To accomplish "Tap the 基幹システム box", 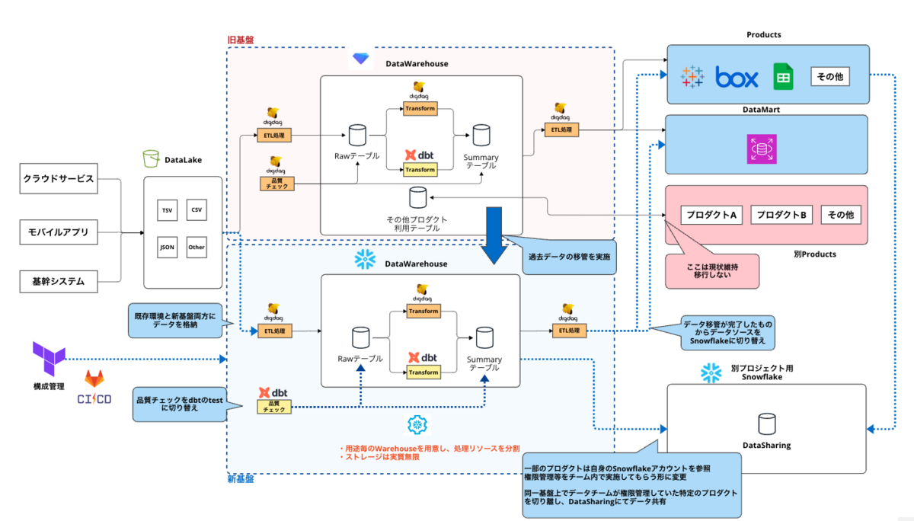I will click(59, 282).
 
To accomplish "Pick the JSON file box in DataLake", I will click(167, 247).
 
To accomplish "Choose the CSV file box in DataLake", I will click(197, 209).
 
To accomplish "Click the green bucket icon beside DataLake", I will click(150, 159).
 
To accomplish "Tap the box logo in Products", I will click(737, 77).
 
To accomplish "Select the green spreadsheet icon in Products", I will click(783, 77).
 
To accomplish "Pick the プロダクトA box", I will click(710, 215).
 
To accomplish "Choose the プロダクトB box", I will click(781, 215).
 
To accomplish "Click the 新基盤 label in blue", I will click(241, 479).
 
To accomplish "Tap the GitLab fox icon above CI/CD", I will click(94, 379).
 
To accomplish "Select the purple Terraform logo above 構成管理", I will click(48, 356).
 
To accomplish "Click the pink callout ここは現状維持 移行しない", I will click(711, 270).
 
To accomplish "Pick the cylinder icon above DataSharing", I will click(766, 423).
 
